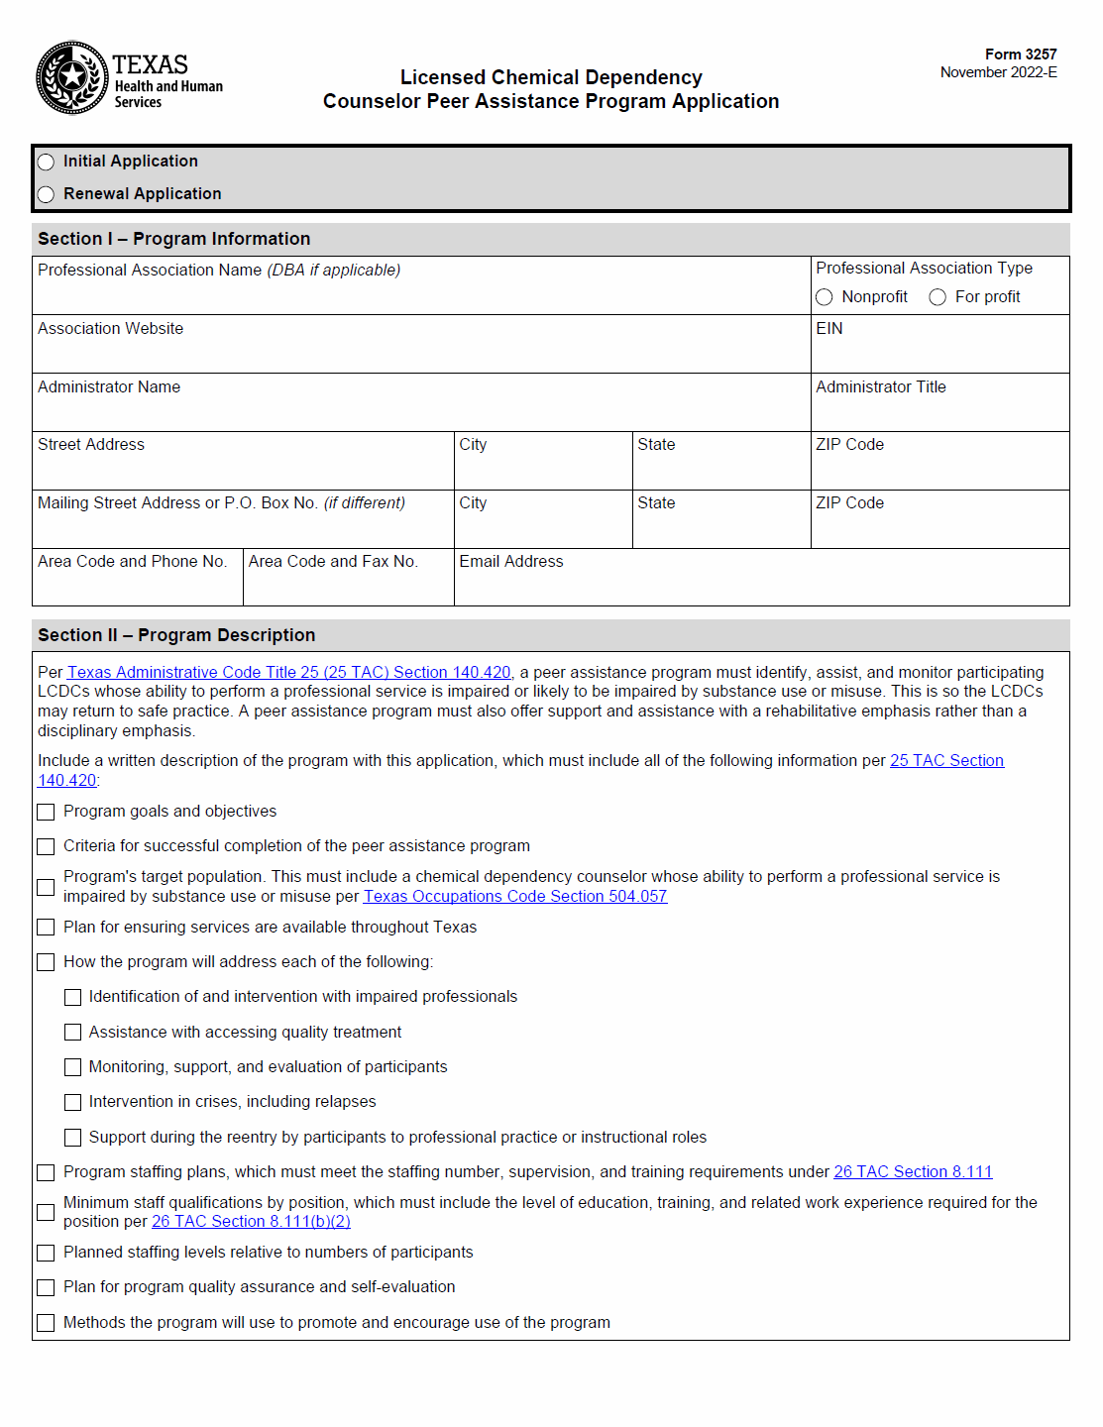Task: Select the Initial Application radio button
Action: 46,162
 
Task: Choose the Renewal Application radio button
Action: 46,194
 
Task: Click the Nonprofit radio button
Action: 824,297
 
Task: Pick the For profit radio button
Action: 938,297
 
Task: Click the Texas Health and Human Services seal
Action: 71,77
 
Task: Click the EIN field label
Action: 829,329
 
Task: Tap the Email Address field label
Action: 510,562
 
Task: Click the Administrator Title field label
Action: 880,387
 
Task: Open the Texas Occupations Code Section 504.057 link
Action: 514,897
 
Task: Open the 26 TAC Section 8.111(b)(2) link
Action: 251,1222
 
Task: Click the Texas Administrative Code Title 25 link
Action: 288,673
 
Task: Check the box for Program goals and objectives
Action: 46,812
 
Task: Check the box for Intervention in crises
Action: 72,1102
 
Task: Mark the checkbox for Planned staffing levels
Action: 46,1253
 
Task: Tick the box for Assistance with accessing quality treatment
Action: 72,1033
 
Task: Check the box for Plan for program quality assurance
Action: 46,1287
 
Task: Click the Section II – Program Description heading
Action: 176,635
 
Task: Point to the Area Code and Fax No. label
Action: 333,562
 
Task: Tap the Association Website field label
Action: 110,329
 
